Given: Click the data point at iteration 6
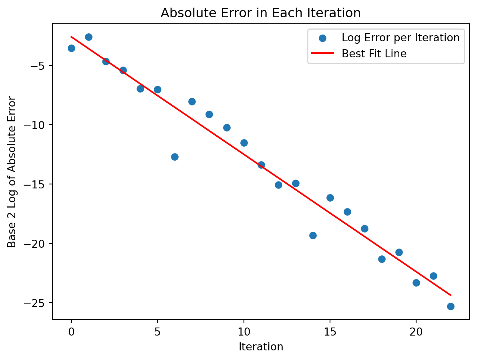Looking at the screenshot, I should [x=175, y=157].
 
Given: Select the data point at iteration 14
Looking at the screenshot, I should [x=313, y=235].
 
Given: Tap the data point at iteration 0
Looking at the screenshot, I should [x=71, y=48].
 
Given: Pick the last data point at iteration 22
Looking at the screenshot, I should [x=451, y=306].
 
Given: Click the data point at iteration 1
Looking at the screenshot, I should [x=89, y=37].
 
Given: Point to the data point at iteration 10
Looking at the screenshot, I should [x=244, y=143].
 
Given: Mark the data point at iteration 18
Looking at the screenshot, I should [x=382, y=259].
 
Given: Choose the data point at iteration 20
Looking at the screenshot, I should [x=416, y=283].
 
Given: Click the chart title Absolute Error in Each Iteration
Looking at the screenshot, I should [x=261, y=13].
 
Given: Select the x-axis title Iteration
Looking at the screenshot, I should [x=261, y=347].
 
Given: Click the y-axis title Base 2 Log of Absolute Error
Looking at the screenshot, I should [x=12, y=172].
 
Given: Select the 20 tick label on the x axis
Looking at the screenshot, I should [x=416, y=332].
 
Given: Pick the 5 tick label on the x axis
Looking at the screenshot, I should [x=157, y=332].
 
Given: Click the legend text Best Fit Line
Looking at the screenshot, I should [x=374, y=54].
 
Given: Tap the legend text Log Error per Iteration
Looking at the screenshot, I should [x=401, y=38].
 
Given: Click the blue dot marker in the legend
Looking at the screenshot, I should [x=322, y=38].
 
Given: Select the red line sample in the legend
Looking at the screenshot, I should [x=322, y=54].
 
